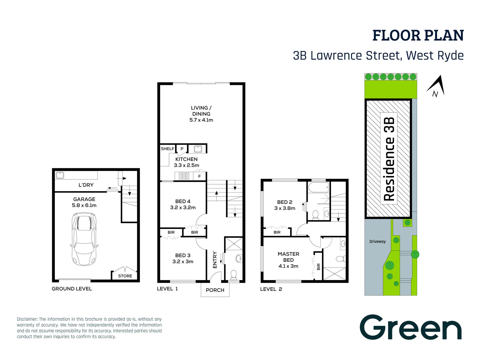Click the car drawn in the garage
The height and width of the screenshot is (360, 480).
point(84,239)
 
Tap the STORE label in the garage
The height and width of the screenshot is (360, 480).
point(125,276)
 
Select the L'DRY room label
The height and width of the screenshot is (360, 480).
point(86,185)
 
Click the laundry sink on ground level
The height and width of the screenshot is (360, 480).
point(60,175)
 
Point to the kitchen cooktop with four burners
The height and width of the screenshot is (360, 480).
point(184,176)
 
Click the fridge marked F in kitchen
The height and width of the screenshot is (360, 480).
point(200,176)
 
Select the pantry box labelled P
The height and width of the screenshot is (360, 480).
point(182,149)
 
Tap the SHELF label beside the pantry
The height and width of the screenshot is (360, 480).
point(167,149)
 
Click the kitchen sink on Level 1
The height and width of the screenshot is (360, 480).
point(198,149)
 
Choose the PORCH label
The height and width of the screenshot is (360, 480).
point(215,290)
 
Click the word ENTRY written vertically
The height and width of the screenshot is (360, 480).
point(215,260)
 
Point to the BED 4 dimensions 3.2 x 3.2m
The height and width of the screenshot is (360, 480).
point(183,208)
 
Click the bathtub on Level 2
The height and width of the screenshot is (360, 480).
point(319,187)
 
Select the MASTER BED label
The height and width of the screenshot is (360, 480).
point(288,257)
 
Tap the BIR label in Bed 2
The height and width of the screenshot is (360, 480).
point(277,232)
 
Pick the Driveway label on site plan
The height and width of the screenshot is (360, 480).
point(377,242)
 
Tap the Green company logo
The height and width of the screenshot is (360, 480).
point(411,327)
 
